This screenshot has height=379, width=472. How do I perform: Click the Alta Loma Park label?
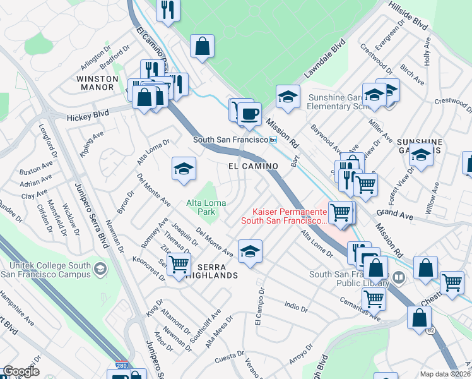pyautogui.click(x=201, y=207)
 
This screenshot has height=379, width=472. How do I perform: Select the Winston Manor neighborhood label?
pyautogui.click(x=97, y=83)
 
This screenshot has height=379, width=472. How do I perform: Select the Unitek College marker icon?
pyautogui.click(x=99, y=270)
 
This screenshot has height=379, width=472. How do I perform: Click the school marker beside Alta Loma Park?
pyautogui.click(x=184, y=169)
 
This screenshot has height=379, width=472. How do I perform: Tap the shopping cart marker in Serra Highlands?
pyautogui.click(x=179, y=264)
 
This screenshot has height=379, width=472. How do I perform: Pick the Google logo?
pyautogui.click(x=21, y=371)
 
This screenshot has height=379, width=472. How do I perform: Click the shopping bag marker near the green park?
pyautogui.click(x=202, y=45)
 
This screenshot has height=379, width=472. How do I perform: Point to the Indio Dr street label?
pyautogui.click(x=295, y=308)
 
